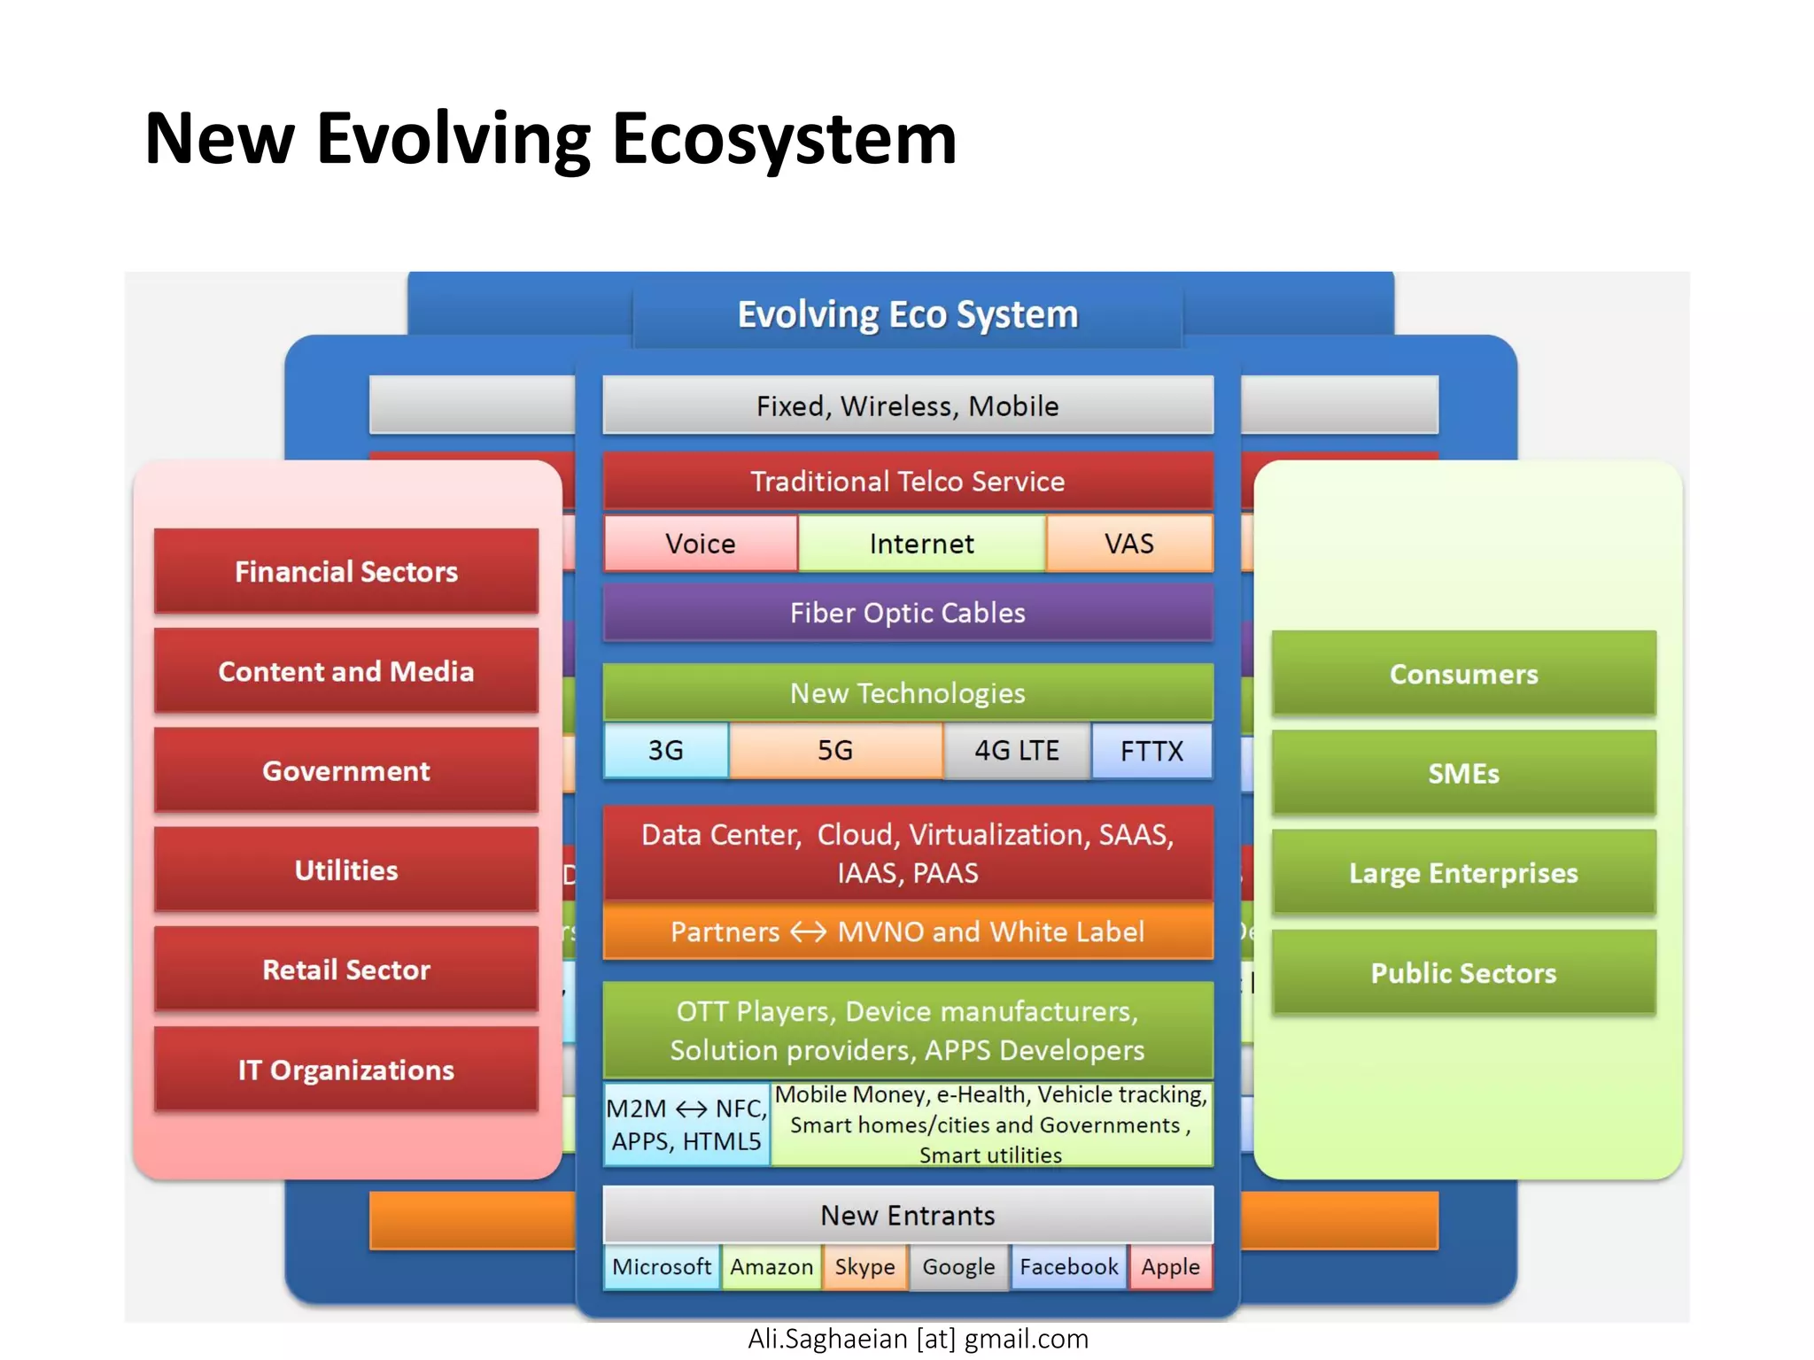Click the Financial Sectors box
click(346, 571)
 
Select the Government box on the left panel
click(346, 770)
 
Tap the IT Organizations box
click(346, 1070)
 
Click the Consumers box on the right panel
click(1463, 674)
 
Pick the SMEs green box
click(1463, 773)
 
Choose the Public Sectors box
click(1463, 972)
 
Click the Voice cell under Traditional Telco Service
click(701, 544)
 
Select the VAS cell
click(1128, 544)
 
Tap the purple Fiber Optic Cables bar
click(907, 613)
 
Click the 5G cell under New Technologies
click(835, 751)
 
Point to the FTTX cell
click(1151, 751)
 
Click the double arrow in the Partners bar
click(808, 932)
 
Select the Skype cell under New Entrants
click(864, 1267)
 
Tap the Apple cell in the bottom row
click(1170, 1267)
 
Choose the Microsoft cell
click(662, 1267)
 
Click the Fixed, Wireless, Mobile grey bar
click(907, 406)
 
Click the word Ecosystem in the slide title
click(784, 139)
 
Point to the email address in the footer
click(918, 1339)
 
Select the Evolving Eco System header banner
click(907, 315)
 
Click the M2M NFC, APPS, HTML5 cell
click(686, 1124)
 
